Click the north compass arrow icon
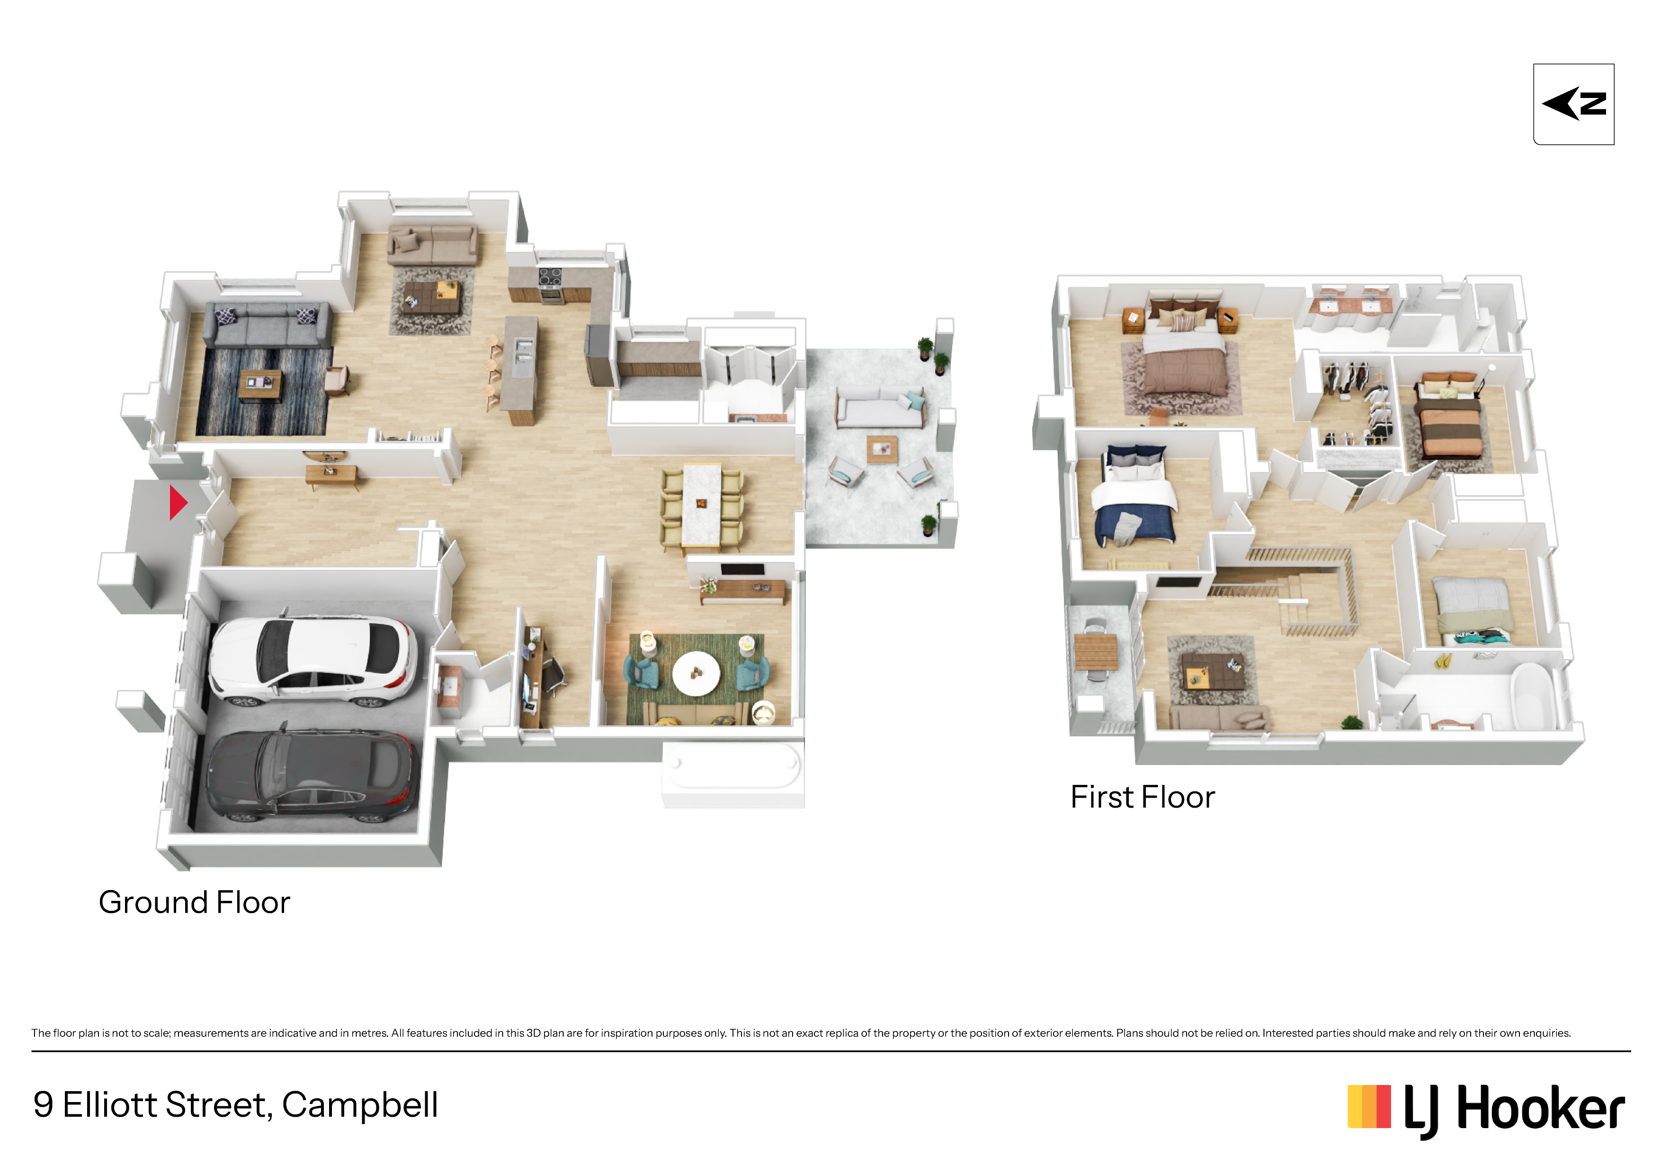(x=1573, y=104)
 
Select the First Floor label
(x=1143, y=797)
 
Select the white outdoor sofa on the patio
(x=880, y=407)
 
